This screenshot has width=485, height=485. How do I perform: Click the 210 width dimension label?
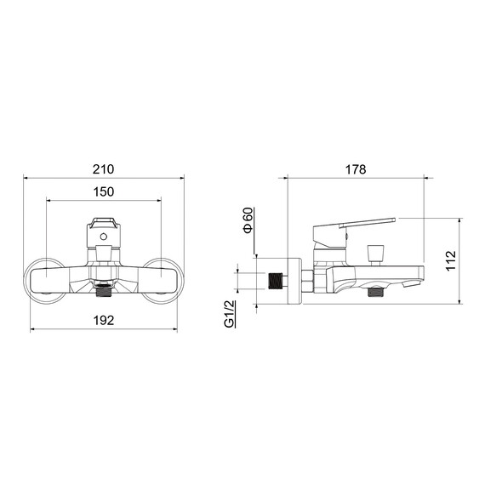(x=103, y=169)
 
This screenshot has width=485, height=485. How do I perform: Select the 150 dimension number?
(x=104, y=191)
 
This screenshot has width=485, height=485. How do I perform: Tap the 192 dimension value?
(x=104, y=320)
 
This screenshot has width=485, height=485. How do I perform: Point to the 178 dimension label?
(x=356, y=169)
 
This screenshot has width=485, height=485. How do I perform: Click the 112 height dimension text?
(x=451, y=260)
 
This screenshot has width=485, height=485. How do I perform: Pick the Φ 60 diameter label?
(x=248, y=220)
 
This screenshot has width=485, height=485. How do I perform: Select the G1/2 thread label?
(x=229, y=314)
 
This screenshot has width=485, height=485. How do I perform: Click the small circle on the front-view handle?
(x=103, y=237)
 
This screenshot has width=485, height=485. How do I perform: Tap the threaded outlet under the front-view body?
(x=104, y=293)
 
